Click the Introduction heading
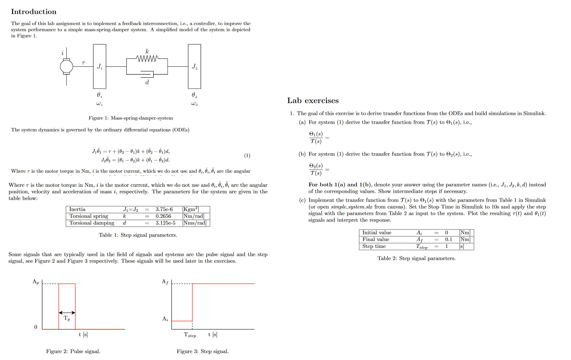(x=34, y=12)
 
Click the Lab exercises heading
(x=313, y=100)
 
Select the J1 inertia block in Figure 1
(x=100, y=66)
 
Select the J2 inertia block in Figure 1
(x=194, y=66)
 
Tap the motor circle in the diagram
(x=66, y=66)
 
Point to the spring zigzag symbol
(x=147, y=58)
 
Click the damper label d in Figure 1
(x=147, y=82)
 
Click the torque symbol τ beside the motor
(x=83, y=63)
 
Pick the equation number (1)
(x=247, y=155)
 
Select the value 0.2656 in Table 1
(x=163, y=216)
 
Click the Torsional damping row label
(x=92, y=223)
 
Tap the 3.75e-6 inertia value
(x=164, y=209)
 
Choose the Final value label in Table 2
(x=376, y=239)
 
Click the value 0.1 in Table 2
(x=449, y=239)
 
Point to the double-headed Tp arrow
(x=67, y=312)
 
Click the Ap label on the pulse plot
(x=36, y=282)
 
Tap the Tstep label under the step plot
(x=190, y=335)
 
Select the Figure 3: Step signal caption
(x=203, y=351)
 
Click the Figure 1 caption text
(x=131, y=118)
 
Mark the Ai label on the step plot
(x=165, y=319)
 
